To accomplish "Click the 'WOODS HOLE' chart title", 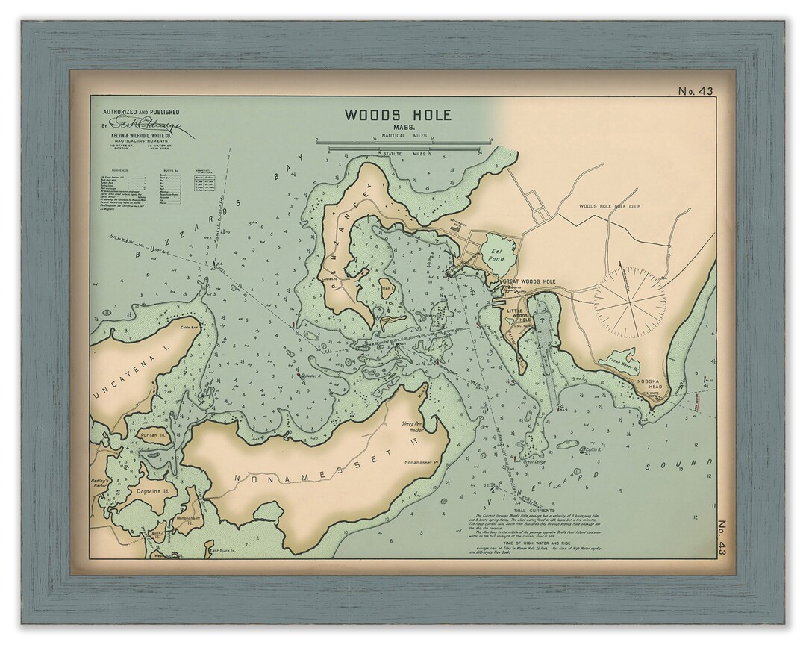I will pyautogui.click(x=397, y=115).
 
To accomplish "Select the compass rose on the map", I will pyautogui.click(x=630, y=302).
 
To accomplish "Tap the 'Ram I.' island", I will pyautogui.click(x=387, y=287).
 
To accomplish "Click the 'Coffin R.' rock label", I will pyautogui.click(x=593, y=449).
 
